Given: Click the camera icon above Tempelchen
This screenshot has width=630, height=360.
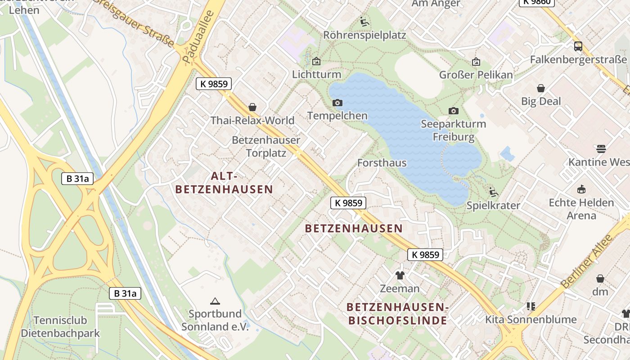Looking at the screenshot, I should (337, 103).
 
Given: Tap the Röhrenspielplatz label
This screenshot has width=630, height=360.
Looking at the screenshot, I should (364, 35).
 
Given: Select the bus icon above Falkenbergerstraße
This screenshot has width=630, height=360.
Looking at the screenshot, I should (578, 46).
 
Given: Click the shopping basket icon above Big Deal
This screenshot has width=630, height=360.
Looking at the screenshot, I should (541, 88).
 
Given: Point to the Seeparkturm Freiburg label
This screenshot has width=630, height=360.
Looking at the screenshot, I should (453, 130).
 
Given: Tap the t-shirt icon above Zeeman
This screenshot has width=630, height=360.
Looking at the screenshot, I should (400, 275).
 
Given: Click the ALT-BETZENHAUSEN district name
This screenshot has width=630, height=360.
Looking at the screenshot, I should (224, 182).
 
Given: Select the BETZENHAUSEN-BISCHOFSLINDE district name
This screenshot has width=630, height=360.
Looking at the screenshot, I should (397, 314).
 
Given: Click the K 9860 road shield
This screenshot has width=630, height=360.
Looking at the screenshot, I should (537, 2).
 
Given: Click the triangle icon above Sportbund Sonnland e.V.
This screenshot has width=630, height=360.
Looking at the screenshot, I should (215, 301).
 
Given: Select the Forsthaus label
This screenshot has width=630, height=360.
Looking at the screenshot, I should (382, 163).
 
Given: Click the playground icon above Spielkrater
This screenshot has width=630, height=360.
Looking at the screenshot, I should (493, 192).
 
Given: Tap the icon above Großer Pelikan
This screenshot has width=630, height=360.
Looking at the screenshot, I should (476, 62).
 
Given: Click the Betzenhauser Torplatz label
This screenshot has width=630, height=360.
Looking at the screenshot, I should (266, 146).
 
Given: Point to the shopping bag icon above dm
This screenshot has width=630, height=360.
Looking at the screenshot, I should (600, 279).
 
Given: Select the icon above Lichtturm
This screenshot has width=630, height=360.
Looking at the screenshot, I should (316, 61).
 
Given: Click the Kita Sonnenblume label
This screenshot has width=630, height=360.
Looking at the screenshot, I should (531, 319).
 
